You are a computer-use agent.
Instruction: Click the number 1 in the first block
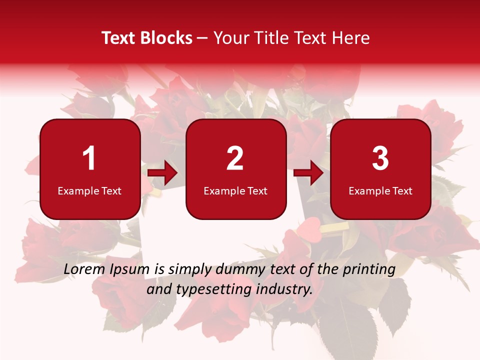(x=89, y=158)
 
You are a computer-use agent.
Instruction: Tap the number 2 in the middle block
(x=235, y=158)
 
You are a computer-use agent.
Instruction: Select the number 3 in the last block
(x=380, y=158)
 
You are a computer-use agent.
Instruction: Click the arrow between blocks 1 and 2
(x=162, y=173)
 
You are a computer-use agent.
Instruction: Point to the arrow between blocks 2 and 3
(x=308, y=173)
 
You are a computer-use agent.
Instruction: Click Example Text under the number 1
(x=89, y=191)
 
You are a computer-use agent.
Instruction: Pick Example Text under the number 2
(x=235, y=191)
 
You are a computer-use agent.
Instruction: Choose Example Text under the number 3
(x=380, y=191)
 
